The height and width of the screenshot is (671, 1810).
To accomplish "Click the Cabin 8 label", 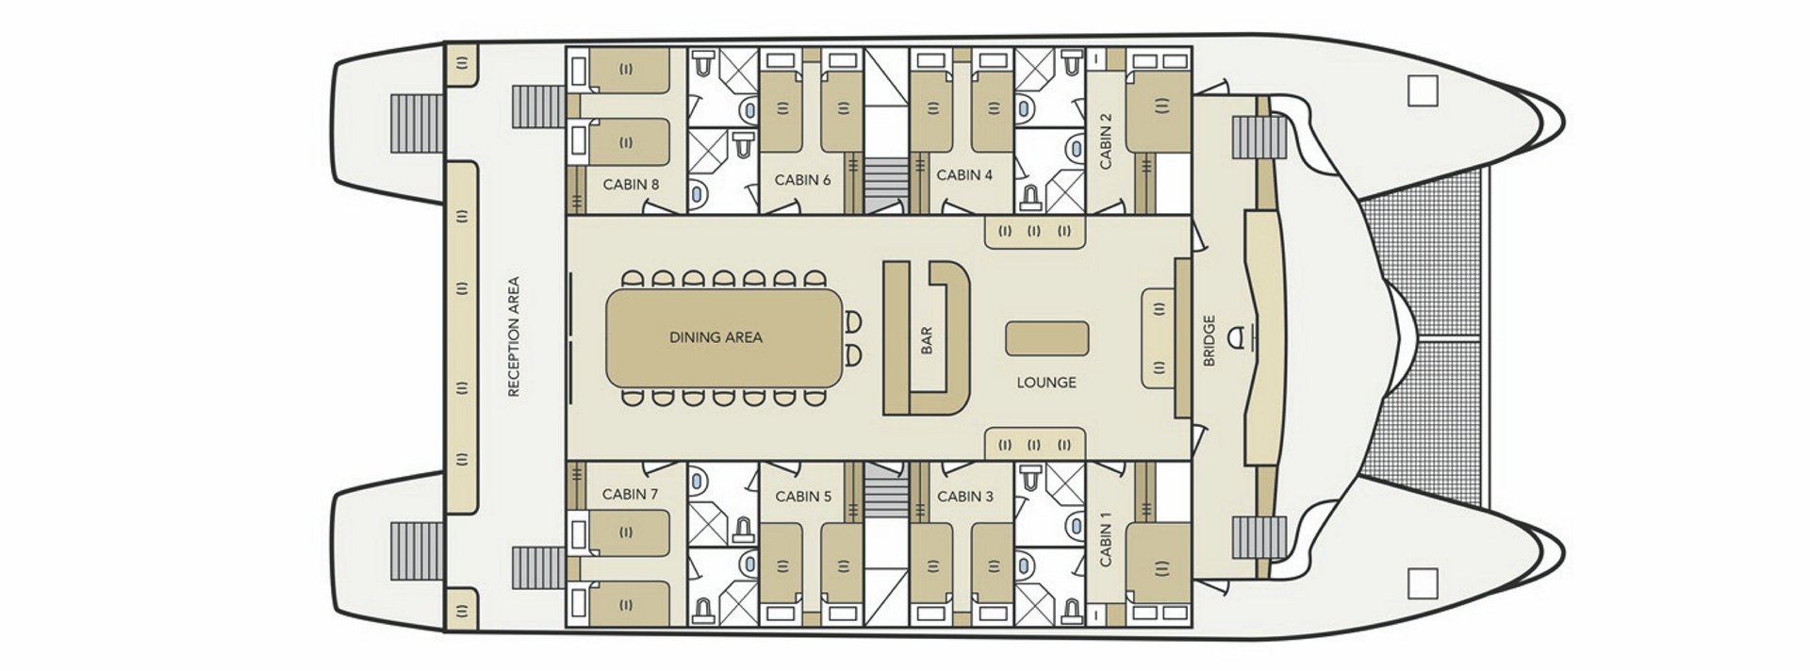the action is pyautogui.click(x=631, y=185).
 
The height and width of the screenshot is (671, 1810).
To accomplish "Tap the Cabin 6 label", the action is pyautogui.click(x=802, y=180).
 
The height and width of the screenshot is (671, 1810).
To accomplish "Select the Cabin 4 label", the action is pyautogui.click(x=964, y=175).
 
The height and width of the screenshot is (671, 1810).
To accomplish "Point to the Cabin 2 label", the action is pyautogui.click(x=1106, y=140).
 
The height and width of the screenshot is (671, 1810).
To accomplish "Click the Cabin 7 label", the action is pyautogui.click(x=630, y=494).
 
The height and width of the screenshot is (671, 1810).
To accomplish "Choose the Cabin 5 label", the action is pyautogui.click(x=803, y=497).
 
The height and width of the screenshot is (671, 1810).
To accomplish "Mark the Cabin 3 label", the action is pyautogui.click(x=965, y=497).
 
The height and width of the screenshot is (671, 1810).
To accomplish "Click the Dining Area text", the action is pyautogui.click(x=716, y=337).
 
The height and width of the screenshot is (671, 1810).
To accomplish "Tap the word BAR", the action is pyautogui.click(x=926, y=340).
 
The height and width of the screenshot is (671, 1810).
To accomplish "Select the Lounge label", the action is pyautogui.click(x=1046, y=383).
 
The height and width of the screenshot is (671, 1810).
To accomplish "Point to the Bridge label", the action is pyautogui.click(x=1209, y=340).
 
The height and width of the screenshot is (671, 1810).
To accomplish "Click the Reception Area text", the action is pyautogui.click(x=514, y=336).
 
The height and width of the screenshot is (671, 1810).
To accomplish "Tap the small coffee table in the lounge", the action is pyautogui.click(x=1046, y=338).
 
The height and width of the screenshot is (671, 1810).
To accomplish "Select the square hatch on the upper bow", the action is pyautogui.click(x=1422, y=90).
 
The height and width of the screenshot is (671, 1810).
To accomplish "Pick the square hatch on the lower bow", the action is pyautogui.click(x=1422, y=583).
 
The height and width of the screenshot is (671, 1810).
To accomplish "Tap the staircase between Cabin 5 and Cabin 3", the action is pyautogui.click(x=884, y=490).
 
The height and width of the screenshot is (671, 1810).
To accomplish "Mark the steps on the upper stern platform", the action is pyautogui.click(x=416, y=123).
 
